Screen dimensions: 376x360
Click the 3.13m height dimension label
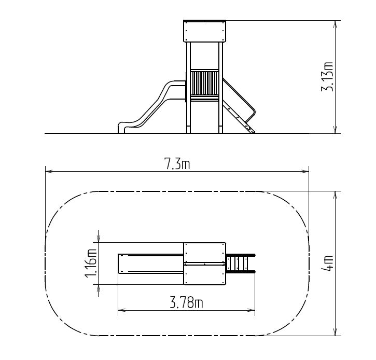click(x=327, y=76)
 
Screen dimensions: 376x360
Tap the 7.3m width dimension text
click(x=178, y=163)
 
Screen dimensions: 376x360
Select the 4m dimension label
click(x=327, y=263)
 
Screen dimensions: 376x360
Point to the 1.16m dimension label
click(x=91, y=264)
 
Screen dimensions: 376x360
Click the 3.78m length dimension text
click(x=187, y=302)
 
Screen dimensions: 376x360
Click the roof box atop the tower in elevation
click(x=204, y=31)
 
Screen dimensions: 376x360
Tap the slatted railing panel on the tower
click(x=204, y=83)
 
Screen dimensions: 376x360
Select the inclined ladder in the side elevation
click(x=239, y=105)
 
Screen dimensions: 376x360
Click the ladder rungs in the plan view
click(x=237, y=263)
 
